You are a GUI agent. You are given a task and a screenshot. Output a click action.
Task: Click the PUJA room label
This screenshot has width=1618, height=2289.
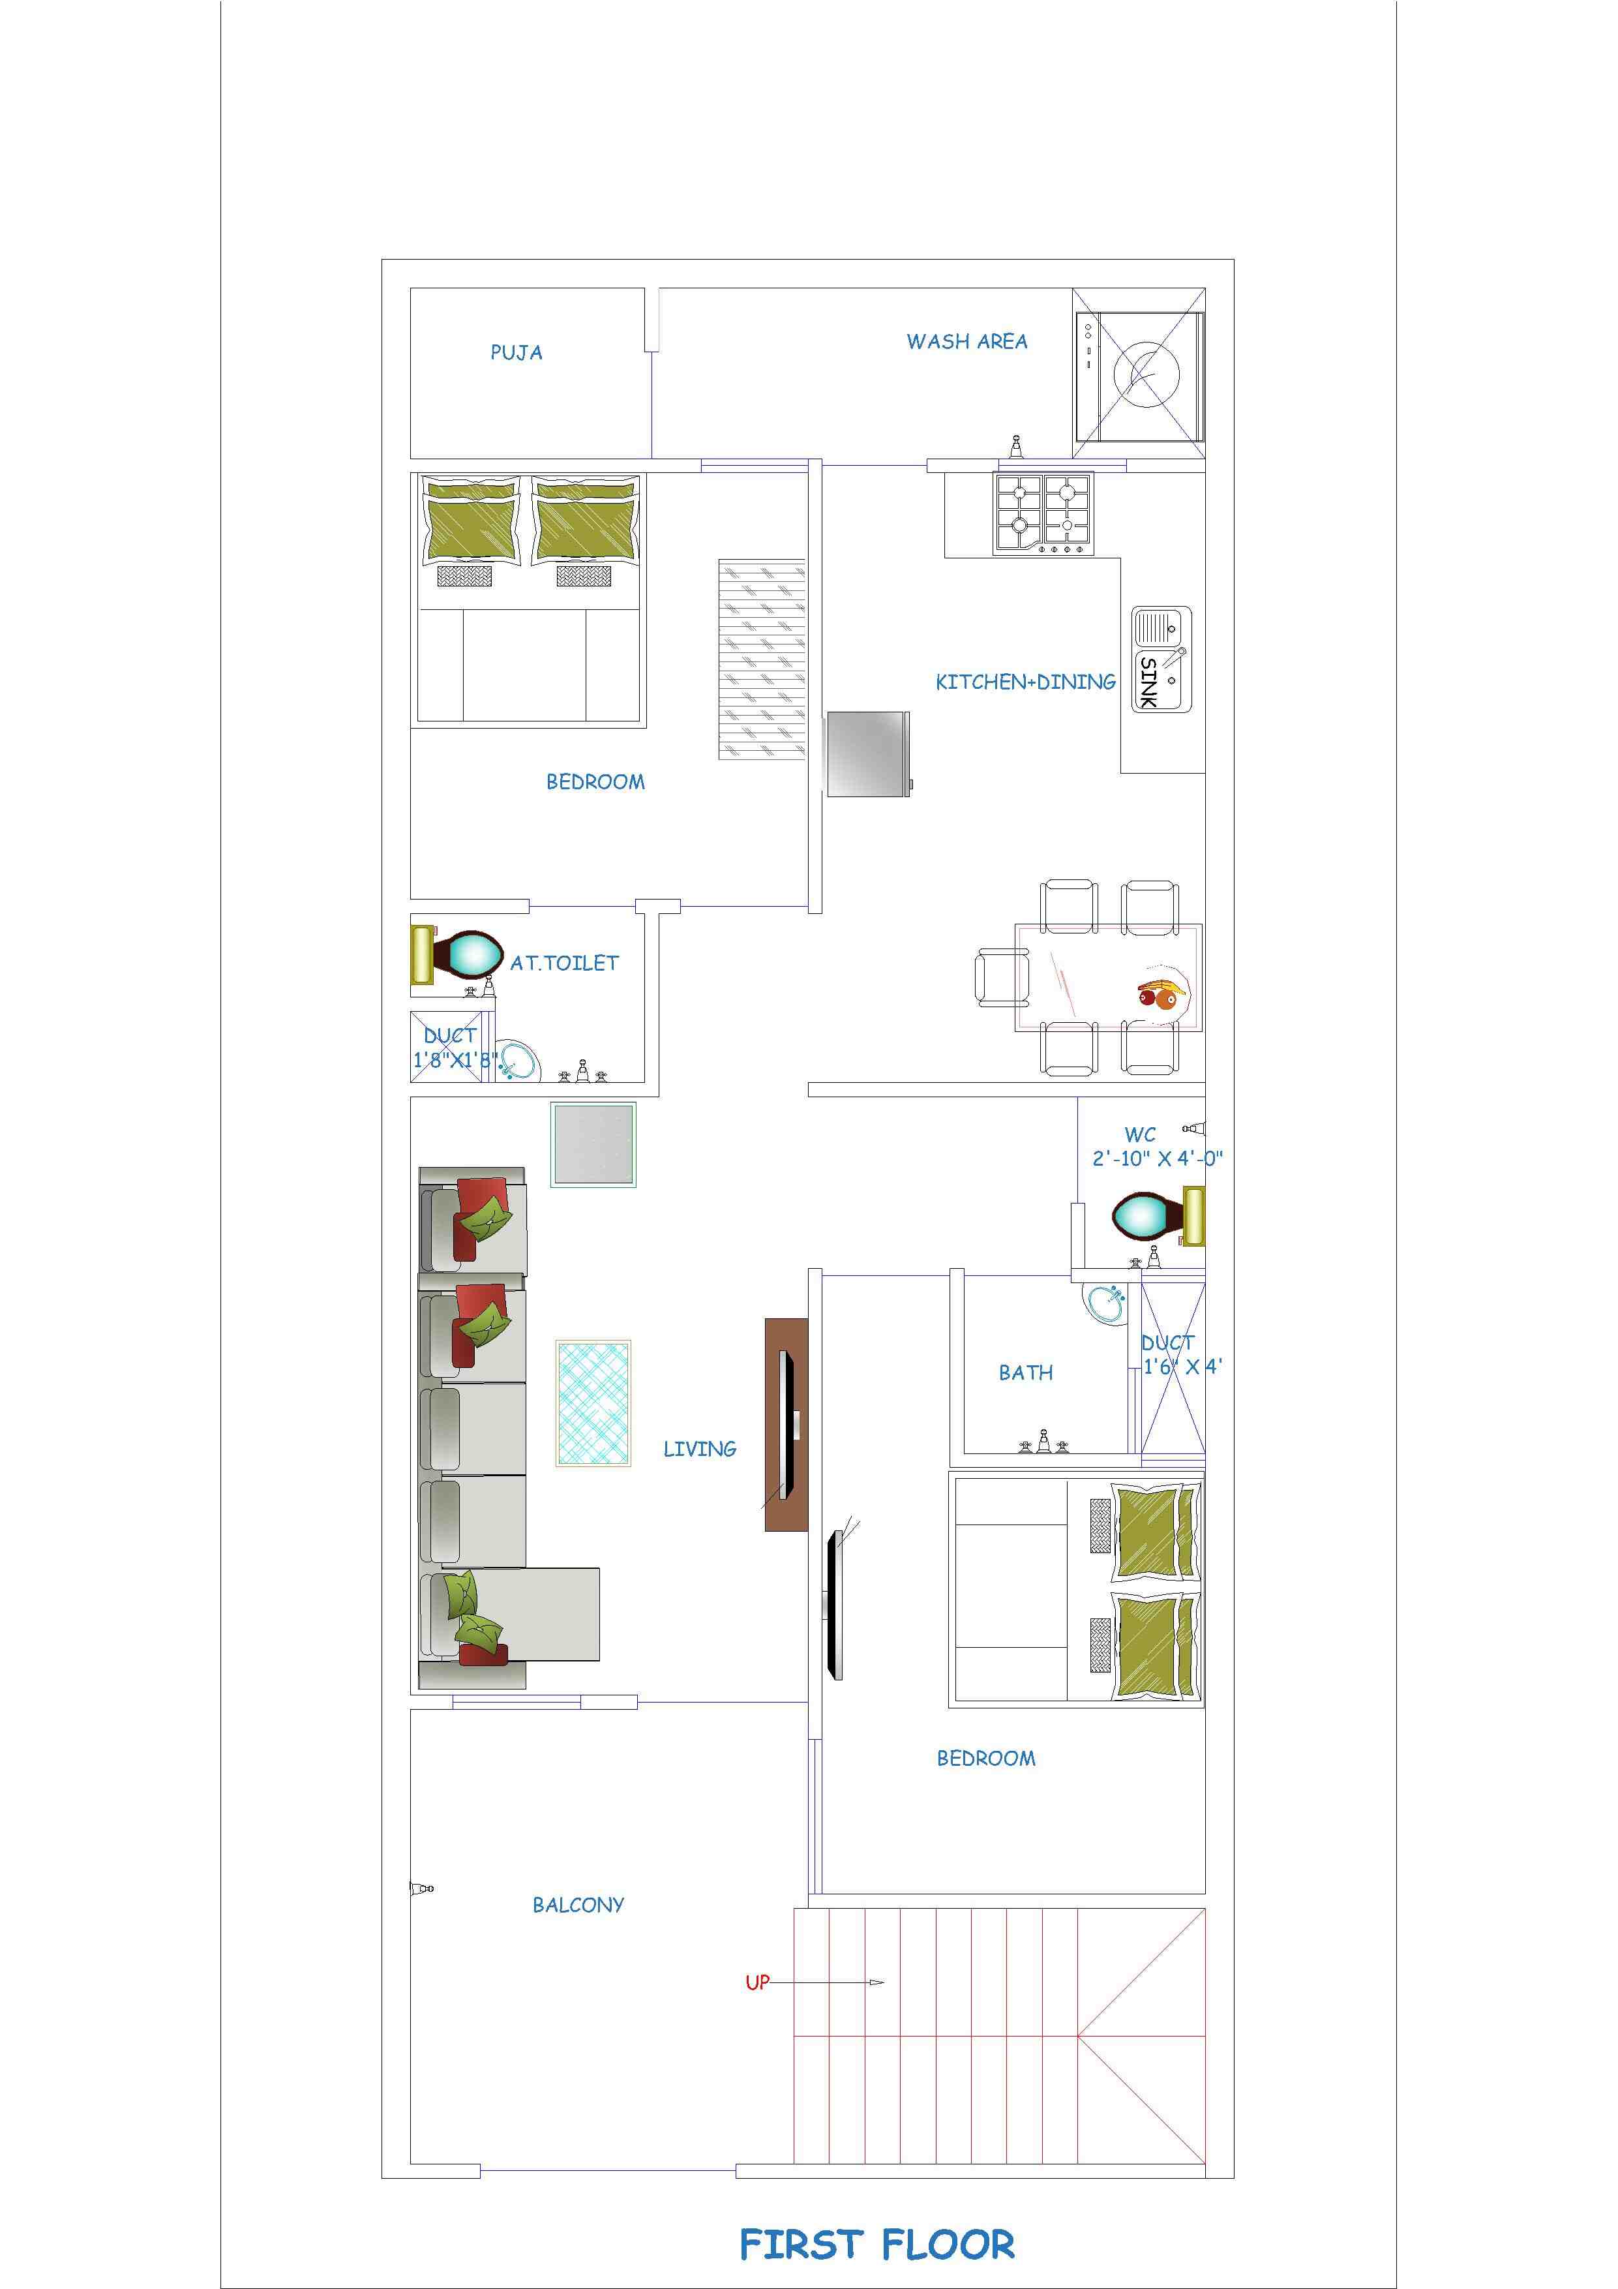[x=517, y=352]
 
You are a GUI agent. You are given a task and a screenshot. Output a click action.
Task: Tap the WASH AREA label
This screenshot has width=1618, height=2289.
[x=967, y=341]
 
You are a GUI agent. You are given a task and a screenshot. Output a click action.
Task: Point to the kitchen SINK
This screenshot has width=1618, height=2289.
[x=1161, y=659]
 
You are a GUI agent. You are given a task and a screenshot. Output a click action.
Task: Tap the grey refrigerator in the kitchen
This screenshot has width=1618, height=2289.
[x=868, y=753]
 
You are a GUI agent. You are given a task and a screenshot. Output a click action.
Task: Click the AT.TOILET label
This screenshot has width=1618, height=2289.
[x=564, y=963]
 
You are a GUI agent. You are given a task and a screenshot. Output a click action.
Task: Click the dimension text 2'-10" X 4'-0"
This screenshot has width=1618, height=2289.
[x=1158, y=1159]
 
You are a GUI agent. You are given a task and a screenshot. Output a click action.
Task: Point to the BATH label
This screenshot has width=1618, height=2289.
[x=1026, y=1372]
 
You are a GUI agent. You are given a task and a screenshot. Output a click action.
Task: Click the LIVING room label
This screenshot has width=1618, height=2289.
[x=700, y=1449]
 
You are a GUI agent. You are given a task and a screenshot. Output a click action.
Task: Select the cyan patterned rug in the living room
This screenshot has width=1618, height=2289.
[x=593, y=1404]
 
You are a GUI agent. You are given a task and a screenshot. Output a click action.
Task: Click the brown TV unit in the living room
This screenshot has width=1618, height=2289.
[x=786, y=1425]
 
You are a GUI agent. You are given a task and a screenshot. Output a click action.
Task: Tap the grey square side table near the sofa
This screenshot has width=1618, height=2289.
[x=594, y=1144]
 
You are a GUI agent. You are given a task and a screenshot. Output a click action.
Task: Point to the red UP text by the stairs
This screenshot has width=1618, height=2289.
[x=758, y=1982]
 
